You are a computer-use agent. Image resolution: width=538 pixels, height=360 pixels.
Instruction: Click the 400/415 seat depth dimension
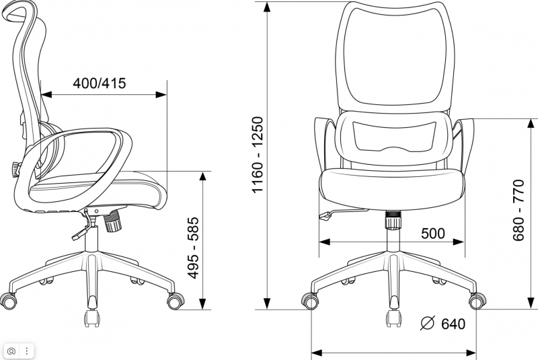coord(100,83)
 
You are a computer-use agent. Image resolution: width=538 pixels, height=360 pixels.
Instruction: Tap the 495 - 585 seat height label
coord(194,248)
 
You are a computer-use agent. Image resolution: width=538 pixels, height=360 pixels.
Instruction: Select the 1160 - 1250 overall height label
coord(258,155)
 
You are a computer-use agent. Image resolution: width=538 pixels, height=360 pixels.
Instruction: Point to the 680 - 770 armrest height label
coord(518,210)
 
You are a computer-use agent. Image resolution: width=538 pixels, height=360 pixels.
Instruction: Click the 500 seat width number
coord(433,233)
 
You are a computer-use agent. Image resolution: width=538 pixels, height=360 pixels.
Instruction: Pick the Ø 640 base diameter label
coord(443,324)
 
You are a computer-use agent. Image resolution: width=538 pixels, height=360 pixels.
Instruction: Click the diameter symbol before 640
coord(427,323)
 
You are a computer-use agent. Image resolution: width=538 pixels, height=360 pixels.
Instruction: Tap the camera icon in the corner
coord(11,351)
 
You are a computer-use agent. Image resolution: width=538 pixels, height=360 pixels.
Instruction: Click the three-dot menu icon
coord(27,351)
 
